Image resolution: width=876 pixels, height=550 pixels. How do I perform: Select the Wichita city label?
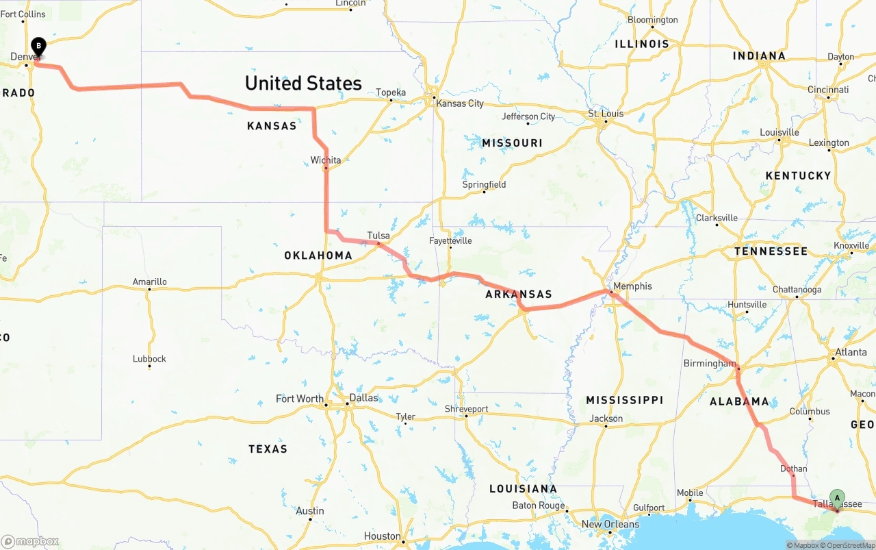click(326, 160)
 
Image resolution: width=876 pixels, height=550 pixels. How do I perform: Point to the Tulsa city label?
click(378, 236)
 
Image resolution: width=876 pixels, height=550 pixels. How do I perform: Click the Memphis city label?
click(632, 286)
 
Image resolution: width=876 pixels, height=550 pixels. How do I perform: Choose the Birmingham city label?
click(709, 363)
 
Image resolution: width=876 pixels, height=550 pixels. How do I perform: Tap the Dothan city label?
click(793, 469)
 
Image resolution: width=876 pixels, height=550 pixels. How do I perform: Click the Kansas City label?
click(460, 103)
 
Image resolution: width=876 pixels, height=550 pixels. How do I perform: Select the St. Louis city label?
click(606, 114)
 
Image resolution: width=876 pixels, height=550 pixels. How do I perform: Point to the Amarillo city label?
click(150, 282)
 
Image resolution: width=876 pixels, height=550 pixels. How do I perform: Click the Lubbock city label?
click(149, 359)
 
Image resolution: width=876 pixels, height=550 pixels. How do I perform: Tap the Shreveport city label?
click(466, 409)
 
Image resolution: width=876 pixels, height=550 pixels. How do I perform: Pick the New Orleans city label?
click(610, 525)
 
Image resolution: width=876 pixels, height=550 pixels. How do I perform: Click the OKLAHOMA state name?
click(318, 255)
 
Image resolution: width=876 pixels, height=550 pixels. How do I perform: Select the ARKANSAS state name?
click(518, 295)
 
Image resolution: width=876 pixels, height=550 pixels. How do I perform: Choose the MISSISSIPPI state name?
click(624, 400)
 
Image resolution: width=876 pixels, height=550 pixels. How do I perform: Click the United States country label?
click(303, 84)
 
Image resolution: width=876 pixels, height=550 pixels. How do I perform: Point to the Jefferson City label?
click(528, 116)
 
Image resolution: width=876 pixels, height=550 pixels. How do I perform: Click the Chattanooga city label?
click(797, 290)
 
